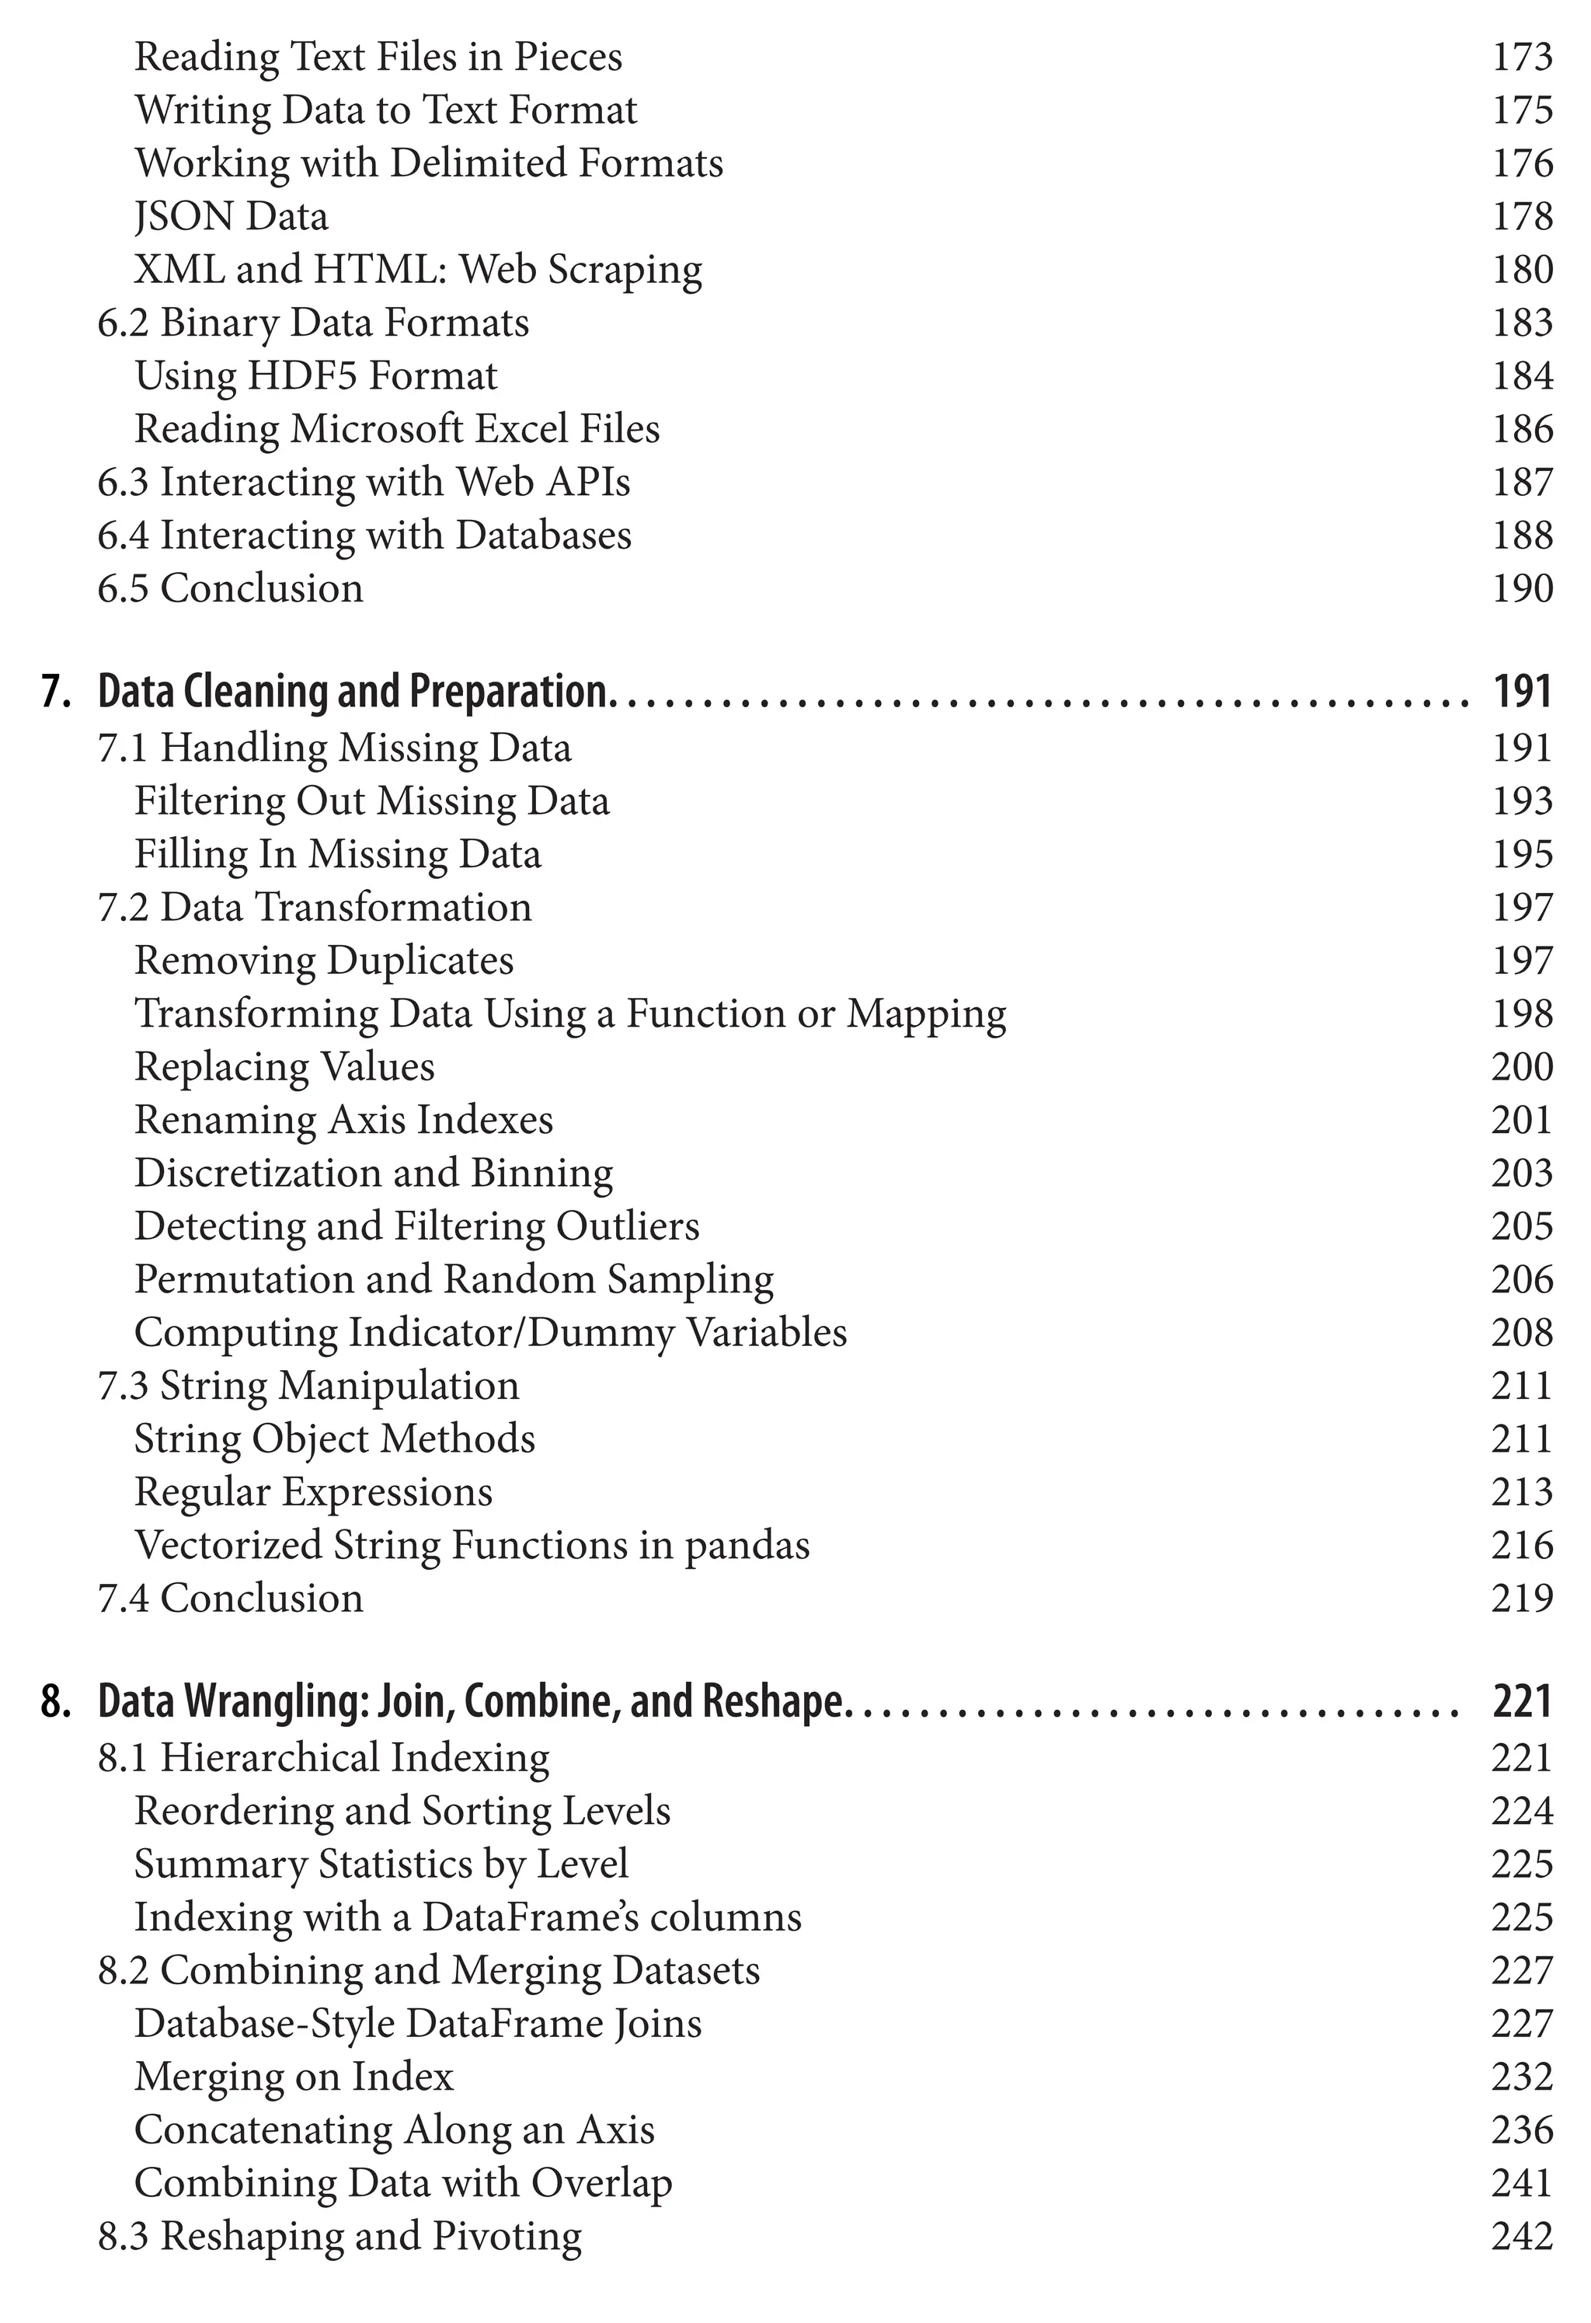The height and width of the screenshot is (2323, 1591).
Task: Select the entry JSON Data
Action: coord(231,217)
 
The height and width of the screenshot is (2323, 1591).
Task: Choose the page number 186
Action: coord(1521,430)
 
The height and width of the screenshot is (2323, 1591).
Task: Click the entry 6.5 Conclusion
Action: coord(230,589)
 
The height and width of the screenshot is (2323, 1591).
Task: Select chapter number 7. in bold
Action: coord(56,692)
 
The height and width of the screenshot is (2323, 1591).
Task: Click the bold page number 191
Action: coord(1521,692)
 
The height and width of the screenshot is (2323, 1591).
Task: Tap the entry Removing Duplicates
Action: coord(324,961)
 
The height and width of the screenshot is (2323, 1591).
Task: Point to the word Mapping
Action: coord(927,1014)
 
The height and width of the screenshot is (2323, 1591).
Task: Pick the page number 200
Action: coord(1521,1066)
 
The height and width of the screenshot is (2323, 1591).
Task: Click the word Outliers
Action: coord(628,1226)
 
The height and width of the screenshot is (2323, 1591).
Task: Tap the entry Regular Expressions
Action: coord(314,1492)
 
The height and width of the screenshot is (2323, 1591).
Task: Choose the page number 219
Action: coord(1521,1599)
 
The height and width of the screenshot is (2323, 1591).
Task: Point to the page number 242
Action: coord(1521,2236)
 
